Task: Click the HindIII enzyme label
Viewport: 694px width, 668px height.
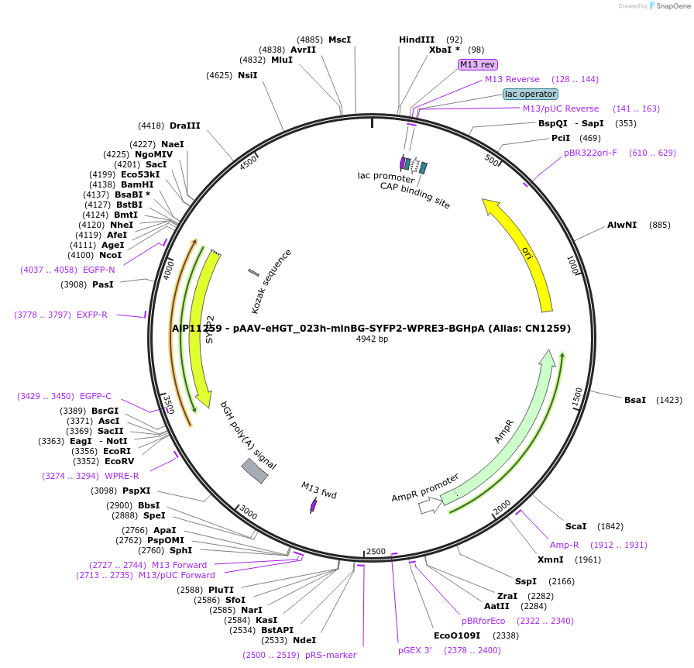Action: pos(417,40)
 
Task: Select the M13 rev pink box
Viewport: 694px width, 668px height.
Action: pos(477,64)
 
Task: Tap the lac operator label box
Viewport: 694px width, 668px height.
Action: pos(530,94)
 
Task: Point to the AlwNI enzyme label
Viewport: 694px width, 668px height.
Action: pos(621,225)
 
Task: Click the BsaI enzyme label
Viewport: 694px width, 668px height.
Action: pos(634,400)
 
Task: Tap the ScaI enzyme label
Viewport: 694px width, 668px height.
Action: pos(575,526)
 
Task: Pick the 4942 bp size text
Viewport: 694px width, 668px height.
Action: pos(372,339)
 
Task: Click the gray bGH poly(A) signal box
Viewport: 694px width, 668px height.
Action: pos(255,470)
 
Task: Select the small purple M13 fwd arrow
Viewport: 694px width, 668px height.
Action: pos(314,504)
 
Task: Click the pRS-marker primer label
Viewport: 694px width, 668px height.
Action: pos(331,655)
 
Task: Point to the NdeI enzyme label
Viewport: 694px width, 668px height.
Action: pos(304,640)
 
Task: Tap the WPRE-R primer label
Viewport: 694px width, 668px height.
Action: pos(122,476)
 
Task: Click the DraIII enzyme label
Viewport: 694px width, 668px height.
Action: pos(184,126)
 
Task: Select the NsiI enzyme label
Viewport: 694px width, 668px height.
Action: pos(247,75)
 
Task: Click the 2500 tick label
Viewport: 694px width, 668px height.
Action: pos(376,551)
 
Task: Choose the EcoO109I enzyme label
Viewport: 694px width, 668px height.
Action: pos(457,635)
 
